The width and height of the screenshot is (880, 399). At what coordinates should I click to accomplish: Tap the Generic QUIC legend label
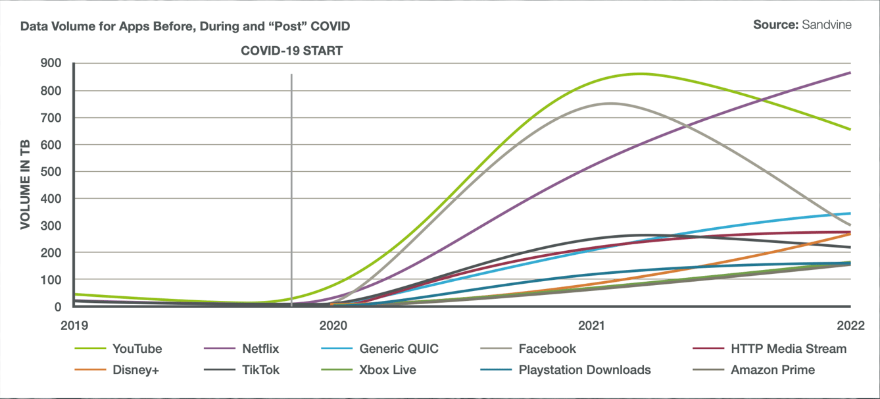click(399, 349)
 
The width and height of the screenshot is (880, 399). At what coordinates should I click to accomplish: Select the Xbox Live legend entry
click(387, 370)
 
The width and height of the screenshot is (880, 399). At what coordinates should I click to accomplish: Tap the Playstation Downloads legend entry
click(585, 370)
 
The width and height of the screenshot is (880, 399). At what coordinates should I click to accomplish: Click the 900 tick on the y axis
click(51, 63)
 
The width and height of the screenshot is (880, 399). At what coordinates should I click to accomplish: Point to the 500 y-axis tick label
click(51, 172)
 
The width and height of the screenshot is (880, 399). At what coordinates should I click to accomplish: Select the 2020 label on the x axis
click(333, 325)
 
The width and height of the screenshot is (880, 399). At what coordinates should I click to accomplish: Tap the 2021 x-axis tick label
click(592, 325)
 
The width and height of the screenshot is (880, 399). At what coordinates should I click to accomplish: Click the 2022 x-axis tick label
click(851, 325)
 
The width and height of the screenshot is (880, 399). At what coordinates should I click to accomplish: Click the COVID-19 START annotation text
click(291, 51)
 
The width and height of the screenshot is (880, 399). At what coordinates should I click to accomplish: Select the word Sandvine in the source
click(827, 24)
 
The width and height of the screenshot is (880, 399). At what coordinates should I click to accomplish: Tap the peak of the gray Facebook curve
click(610, 103)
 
